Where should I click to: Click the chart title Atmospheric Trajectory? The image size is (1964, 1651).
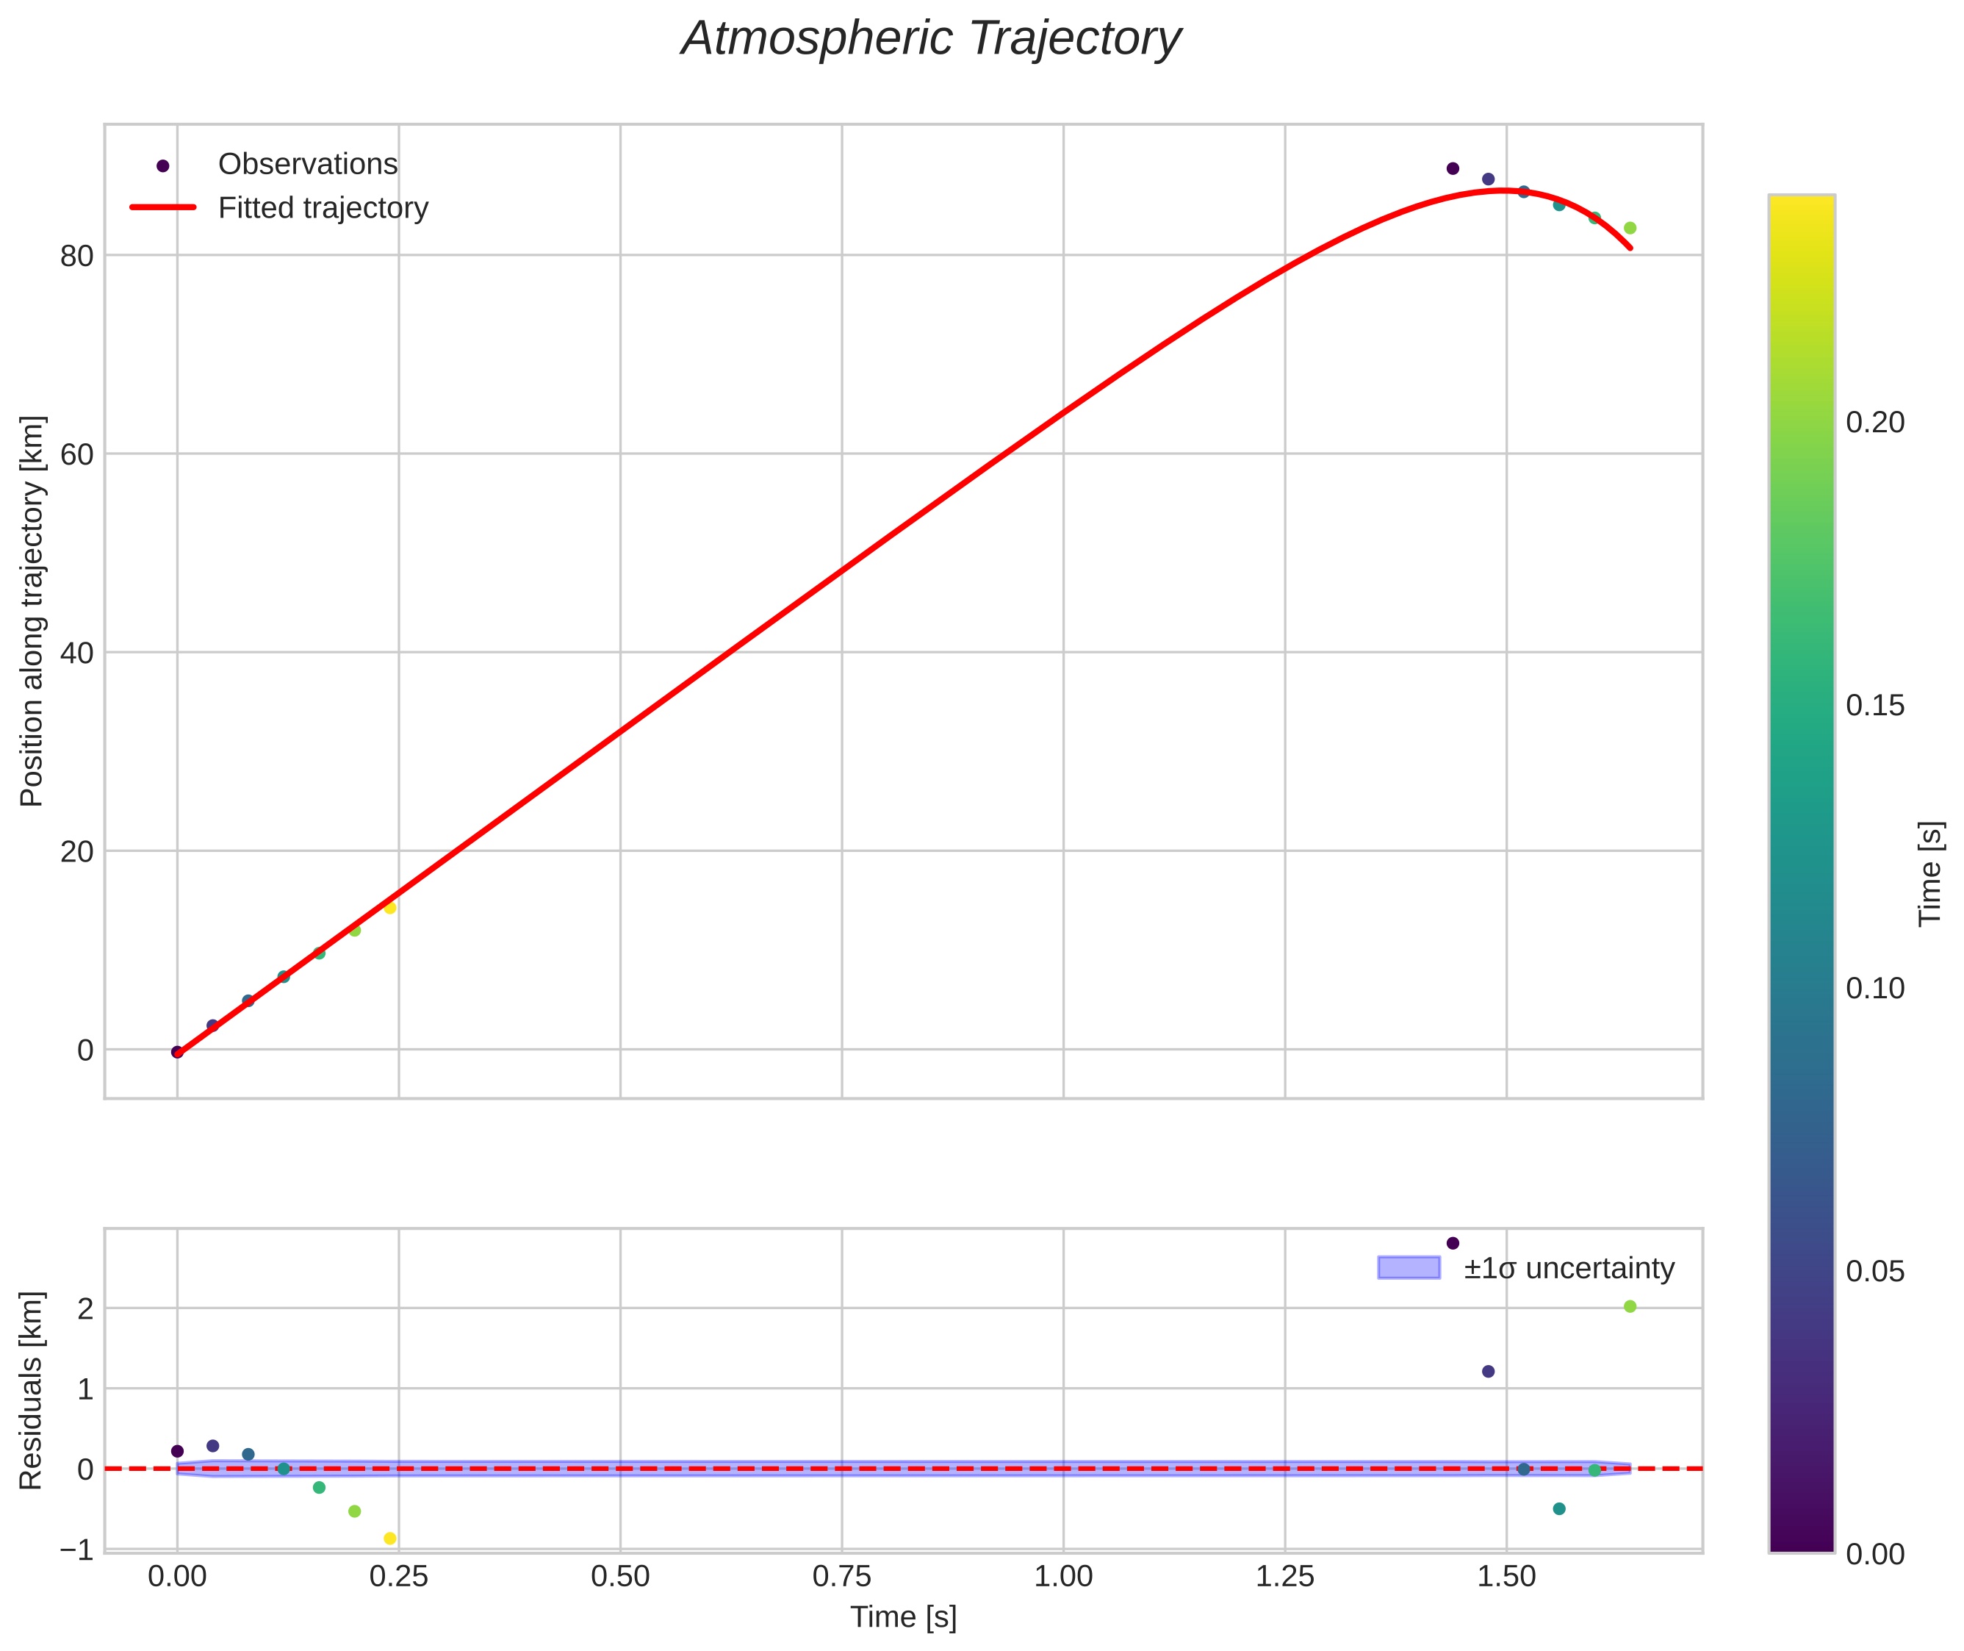click(931, 39)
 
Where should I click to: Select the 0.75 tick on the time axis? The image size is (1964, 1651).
click(841, 1577)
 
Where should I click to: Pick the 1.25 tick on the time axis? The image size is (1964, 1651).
click(1284, 1577)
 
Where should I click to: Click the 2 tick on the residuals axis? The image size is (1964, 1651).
click(85, 1309)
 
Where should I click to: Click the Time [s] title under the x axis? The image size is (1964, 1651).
click(903, 1617)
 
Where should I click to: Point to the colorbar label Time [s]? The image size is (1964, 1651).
click(1930, 873)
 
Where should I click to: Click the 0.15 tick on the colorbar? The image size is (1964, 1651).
click(1874, 706)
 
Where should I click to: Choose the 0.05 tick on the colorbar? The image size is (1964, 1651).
click(1874, 1272)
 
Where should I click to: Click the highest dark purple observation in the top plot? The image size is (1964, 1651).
click(1452, 168)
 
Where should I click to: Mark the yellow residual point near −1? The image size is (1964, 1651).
click(390, 1539)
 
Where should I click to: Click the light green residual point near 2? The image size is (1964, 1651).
click(1630, 1306)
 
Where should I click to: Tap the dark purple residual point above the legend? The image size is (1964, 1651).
click(1452, 1243)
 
